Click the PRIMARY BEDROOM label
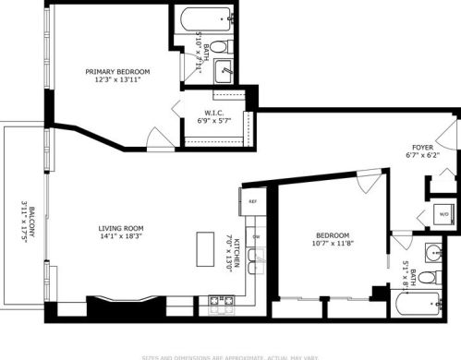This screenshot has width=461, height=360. point(117,71)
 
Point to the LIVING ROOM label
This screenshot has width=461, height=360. point(123,228)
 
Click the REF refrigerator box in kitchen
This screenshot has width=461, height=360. point(250,198)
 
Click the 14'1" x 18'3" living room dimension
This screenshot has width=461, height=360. point(123,237)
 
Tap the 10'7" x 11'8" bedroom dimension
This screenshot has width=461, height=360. point(332,244)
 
